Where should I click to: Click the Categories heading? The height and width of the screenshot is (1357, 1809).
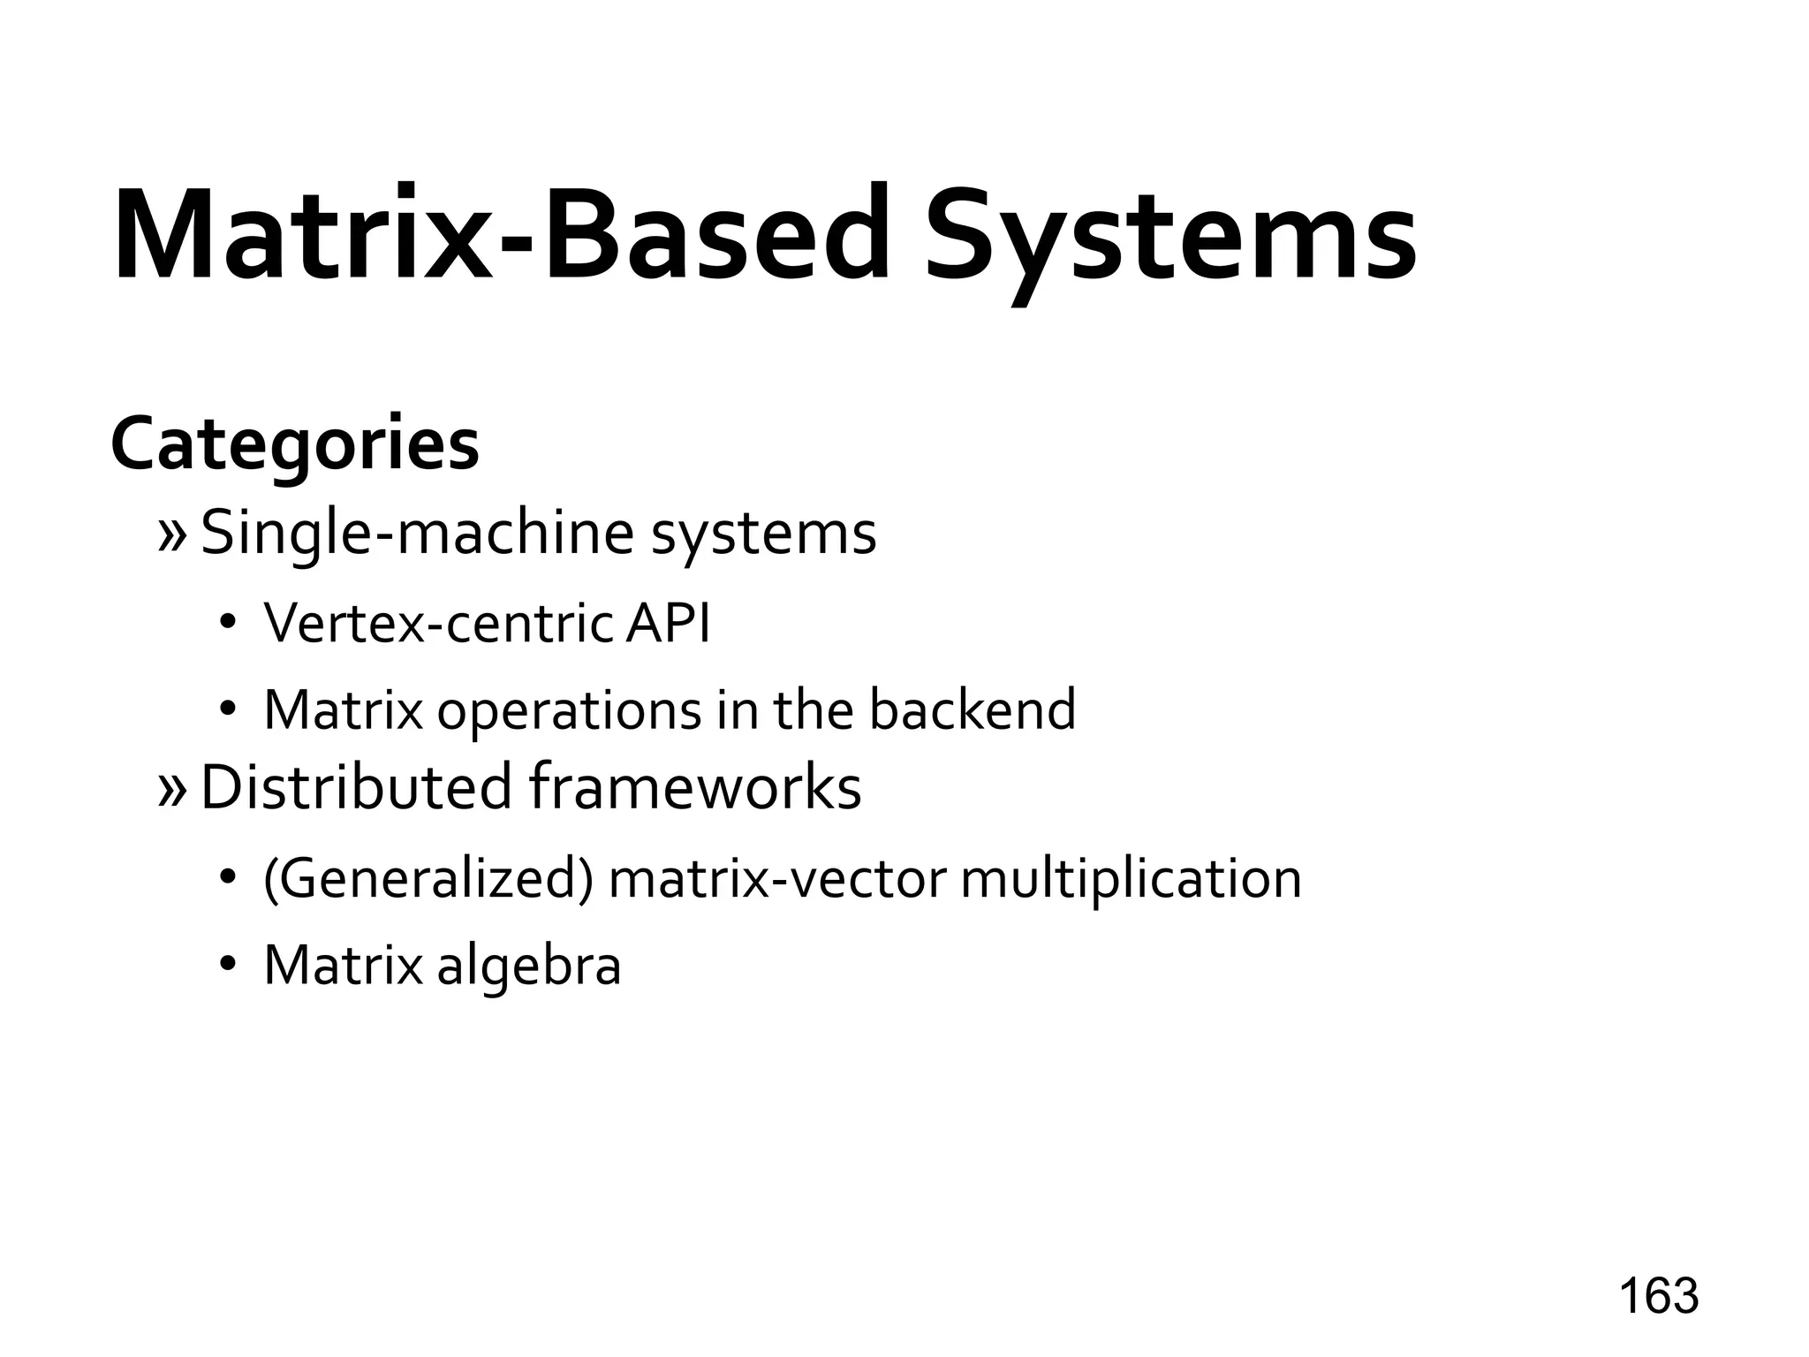295,444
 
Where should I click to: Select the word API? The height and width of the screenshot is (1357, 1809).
667,623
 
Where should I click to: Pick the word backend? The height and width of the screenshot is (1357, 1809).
973,709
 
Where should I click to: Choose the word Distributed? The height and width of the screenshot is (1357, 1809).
356,787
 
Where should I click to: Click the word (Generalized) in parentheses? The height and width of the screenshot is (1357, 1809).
428,880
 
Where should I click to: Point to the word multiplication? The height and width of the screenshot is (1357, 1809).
1131,880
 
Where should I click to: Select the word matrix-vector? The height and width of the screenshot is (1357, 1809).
777,880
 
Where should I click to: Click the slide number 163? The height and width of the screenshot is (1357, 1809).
1658,1296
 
